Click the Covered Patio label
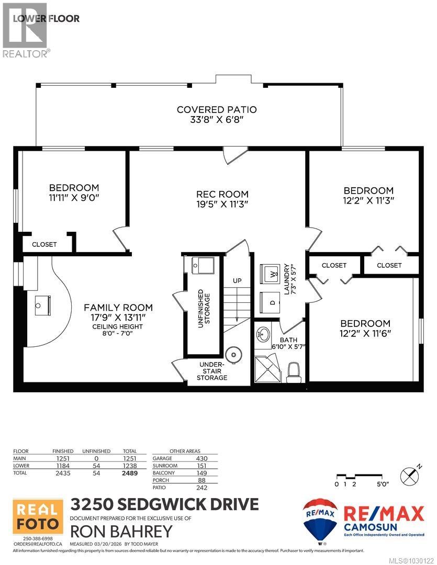(x=217, y=110)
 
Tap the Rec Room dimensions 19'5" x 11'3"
(x=219, y=204)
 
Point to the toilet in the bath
(x=295, y=372)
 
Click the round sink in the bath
(x=264, y=333)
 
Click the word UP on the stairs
(x=237, y=281)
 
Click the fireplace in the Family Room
(x=41, y=304)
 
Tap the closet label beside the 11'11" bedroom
(x=44, y=244)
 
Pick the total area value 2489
(x=128, y=473)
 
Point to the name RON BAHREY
(x=121, y=532)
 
